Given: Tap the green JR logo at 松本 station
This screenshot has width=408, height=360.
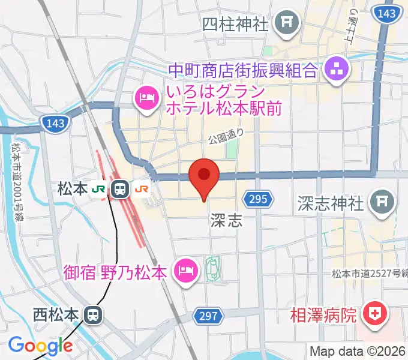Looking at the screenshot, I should (98, 190).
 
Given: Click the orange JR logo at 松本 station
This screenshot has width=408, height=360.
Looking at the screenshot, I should (142, 190).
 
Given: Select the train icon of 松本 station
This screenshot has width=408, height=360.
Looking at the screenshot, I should (120, 190).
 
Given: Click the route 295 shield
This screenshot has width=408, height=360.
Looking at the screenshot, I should (254, 199).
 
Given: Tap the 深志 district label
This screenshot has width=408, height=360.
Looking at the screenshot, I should (226, 221).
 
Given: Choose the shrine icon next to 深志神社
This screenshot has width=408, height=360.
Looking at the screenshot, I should (381, 202).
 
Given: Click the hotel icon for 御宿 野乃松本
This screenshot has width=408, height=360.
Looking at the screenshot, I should (185, 271).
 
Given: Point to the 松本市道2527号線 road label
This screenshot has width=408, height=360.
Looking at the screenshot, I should (369, 274).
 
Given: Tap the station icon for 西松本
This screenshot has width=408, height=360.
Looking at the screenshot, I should (92, 314).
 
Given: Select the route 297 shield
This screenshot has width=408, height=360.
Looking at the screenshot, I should (206, 316).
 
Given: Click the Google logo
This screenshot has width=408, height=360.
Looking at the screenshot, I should (40, 346).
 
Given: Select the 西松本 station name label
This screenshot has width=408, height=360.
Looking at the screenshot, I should (56, 314).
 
